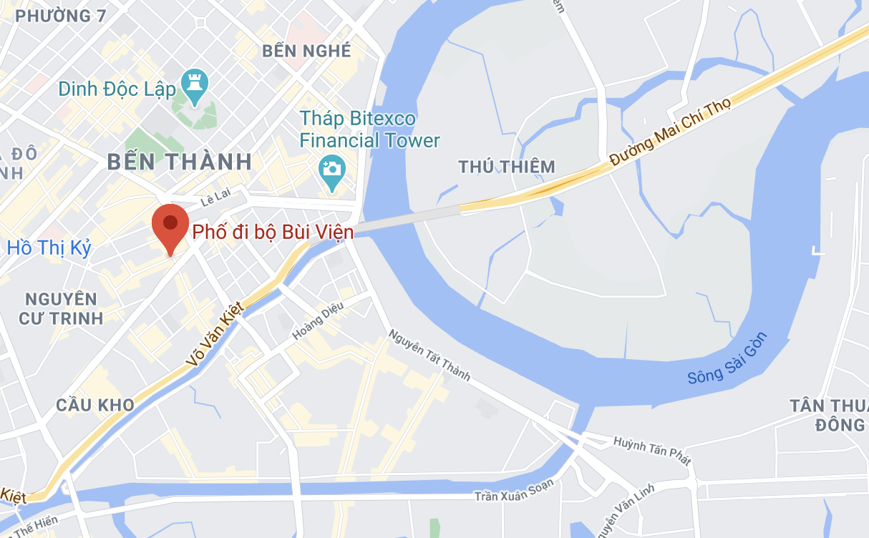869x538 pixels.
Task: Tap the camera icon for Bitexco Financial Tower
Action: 331,169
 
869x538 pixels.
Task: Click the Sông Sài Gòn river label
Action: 727,358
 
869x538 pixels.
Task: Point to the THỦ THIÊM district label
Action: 507,167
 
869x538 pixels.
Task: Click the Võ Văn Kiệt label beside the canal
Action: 214,333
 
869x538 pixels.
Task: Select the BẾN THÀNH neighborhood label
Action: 180,161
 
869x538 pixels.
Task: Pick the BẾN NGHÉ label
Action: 306,51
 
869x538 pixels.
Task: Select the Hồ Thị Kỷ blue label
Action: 49,248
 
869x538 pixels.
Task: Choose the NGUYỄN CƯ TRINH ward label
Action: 62,308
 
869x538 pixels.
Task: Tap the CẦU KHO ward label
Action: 95,405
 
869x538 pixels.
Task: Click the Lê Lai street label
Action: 213,202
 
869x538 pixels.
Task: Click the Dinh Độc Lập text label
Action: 117,89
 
